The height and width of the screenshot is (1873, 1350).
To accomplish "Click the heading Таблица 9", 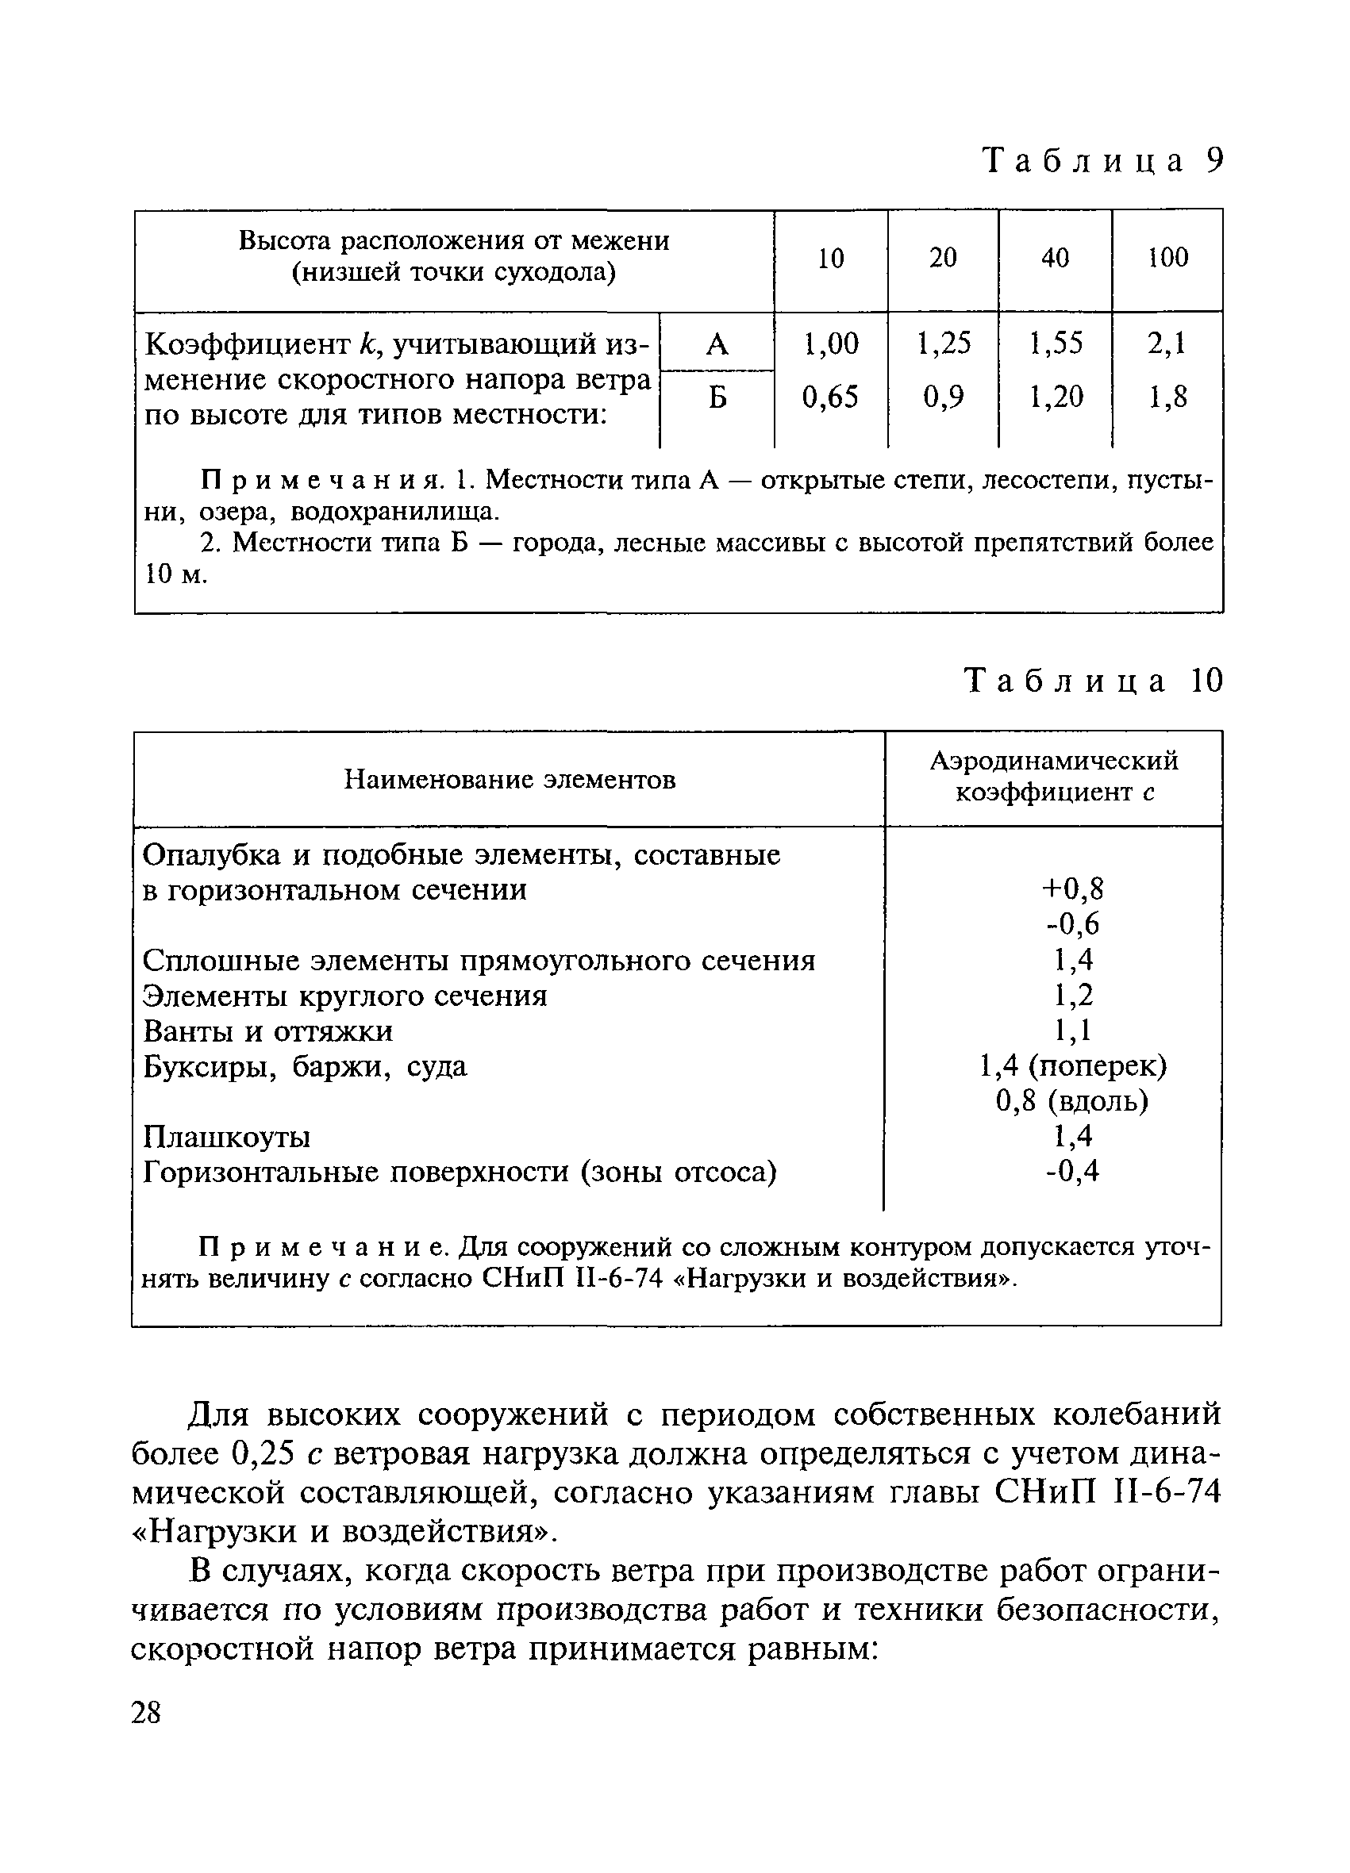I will (x=1102, y=160).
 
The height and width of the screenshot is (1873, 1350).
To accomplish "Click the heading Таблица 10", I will (x=1093, y=681).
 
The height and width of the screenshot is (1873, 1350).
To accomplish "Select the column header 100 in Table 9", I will (x=1167, y=258).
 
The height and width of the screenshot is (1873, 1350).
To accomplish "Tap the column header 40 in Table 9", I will (x=1055, y=258).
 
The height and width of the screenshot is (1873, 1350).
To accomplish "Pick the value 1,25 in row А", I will (x=944, y=343).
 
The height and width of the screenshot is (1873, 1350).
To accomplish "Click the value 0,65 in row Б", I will (x=830, y=397).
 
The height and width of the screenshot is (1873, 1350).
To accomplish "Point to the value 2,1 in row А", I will (x=1167, y=343).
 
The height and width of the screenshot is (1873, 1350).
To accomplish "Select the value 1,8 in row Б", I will (x=1167, y=397).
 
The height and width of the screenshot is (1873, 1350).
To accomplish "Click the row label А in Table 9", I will (x=717, y=344).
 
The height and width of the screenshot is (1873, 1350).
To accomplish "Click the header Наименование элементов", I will (x=509, y=779).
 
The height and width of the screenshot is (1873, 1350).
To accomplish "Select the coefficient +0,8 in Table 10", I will (x=1072, y=889).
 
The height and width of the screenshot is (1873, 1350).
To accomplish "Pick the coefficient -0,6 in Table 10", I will (x=1072, y=924).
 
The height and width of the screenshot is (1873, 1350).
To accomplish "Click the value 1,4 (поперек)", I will (x=1072, y=1066).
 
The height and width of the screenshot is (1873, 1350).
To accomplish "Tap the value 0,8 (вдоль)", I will (x=1072, y=1101).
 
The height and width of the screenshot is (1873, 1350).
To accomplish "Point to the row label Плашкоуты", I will (x=226, y=1137).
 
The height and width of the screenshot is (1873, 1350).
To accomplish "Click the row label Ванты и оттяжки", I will (x=267, y=1031).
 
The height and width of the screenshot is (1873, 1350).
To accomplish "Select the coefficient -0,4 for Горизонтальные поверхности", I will (x=1072, y=1171).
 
